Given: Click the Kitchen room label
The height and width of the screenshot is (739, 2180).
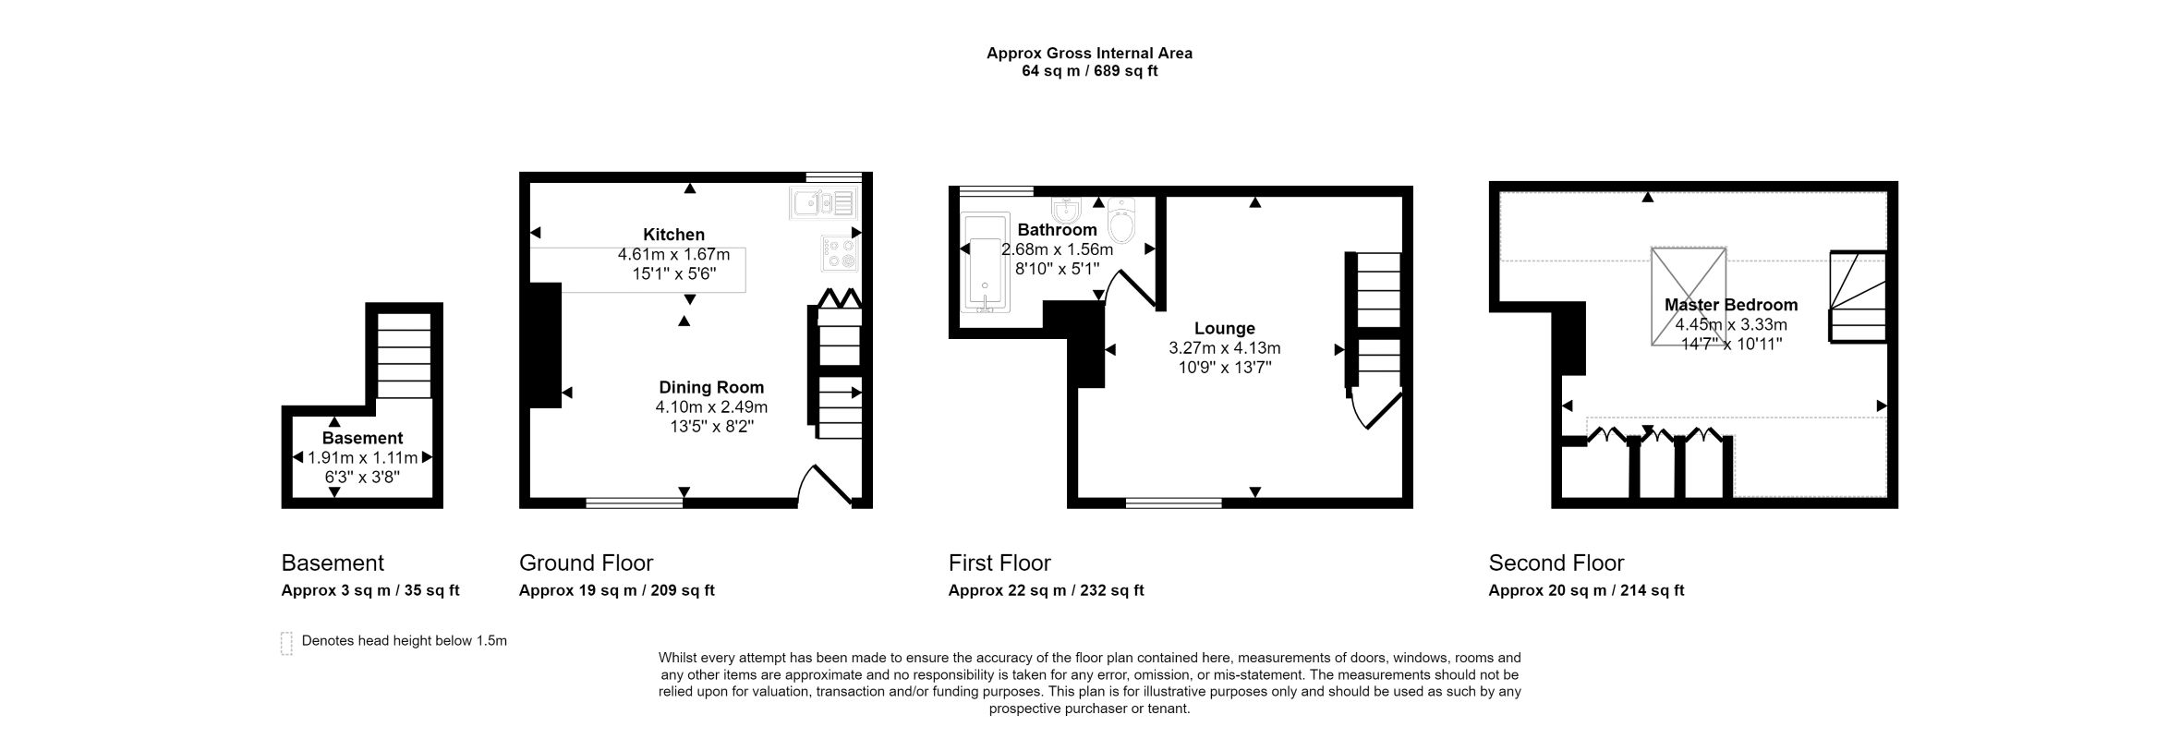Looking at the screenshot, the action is (673, 235).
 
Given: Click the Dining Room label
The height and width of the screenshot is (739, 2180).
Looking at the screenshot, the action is (711, 387).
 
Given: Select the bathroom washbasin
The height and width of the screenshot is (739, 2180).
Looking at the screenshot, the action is (1066, 211).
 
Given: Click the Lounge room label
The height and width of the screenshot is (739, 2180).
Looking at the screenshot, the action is (1225, 328).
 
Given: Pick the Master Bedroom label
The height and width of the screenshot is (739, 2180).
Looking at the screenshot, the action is (1731, 305).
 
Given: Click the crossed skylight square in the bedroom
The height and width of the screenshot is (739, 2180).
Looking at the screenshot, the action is (1689, 296).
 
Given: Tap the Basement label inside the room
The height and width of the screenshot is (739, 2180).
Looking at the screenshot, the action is (362, 438).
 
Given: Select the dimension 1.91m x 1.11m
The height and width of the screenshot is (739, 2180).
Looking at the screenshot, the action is (362, 457).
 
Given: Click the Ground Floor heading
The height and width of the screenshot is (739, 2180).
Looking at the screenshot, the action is (586, 563).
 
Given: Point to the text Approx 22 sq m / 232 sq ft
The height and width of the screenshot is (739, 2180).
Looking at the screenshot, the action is (1046, 590).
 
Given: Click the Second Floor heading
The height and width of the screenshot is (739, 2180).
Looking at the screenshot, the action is (1556, 563).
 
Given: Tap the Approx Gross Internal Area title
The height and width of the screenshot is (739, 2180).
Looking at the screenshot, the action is (1089, 54).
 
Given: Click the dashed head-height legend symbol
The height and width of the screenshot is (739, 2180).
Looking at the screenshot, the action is (286, 643).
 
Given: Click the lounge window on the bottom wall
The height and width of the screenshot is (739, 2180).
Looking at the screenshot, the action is (1173, 503).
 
